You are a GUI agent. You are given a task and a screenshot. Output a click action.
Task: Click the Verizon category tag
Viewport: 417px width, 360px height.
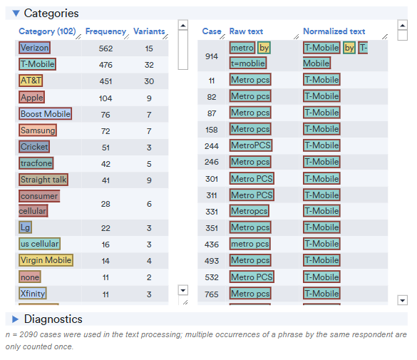coord(35,48)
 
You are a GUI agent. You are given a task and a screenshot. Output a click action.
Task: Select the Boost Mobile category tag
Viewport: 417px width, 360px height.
coord(46,114)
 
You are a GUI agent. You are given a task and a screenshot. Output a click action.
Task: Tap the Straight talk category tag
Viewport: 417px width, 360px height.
coord(43,180)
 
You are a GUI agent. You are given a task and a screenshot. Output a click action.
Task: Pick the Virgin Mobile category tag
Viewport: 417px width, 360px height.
coord(46,260)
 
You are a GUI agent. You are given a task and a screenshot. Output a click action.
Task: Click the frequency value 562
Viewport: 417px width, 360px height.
coord(105,48)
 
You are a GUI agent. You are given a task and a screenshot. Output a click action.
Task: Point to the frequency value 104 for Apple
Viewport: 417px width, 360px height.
coord(105,98)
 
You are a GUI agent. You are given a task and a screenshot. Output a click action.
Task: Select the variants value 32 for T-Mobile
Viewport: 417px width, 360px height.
coord(149,65)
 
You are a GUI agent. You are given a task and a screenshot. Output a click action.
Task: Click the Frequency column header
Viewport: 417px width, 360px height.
coord(105,31)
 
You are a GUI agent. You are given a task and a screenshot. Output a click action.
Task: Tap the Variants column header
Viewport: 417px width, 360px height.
coord(149,31)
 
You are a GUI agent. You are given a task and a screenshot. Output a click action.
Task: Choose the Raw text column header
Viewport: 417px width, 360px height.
coord(246,31)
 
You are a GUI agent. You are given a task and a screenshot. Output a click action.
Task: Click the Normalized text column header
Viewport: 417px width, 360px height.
coord(334,31)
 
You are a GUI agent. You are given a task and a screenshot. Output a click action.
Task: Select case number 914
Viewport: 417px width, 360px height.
coord(212,56)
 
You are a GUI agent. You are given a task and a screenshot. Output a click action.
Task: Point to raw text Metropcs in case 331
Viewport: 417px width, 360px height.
coord(249,211)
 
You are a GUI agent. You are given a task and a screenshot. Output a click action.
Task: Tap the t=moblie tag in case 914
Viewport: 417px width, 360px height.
coord(247,63)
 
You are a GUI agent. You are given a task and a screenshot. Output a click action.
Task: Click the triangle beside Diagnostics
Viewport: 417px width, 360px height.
coord(16,319)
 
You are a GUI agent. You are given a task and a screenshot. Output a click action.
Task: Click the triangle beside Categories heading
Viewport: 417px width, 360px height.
coord(16,13)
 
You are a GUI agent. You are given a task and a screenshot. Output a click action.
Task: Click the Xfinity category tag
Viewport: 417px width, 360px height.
coord(34,293)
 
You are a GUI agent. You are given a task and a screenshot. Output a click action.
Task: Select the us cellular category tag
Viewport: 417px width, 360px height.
coord(40,244)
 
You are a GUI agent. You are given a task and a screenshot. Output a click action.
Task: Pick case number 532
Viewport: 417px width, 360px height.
coord(212,277)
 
